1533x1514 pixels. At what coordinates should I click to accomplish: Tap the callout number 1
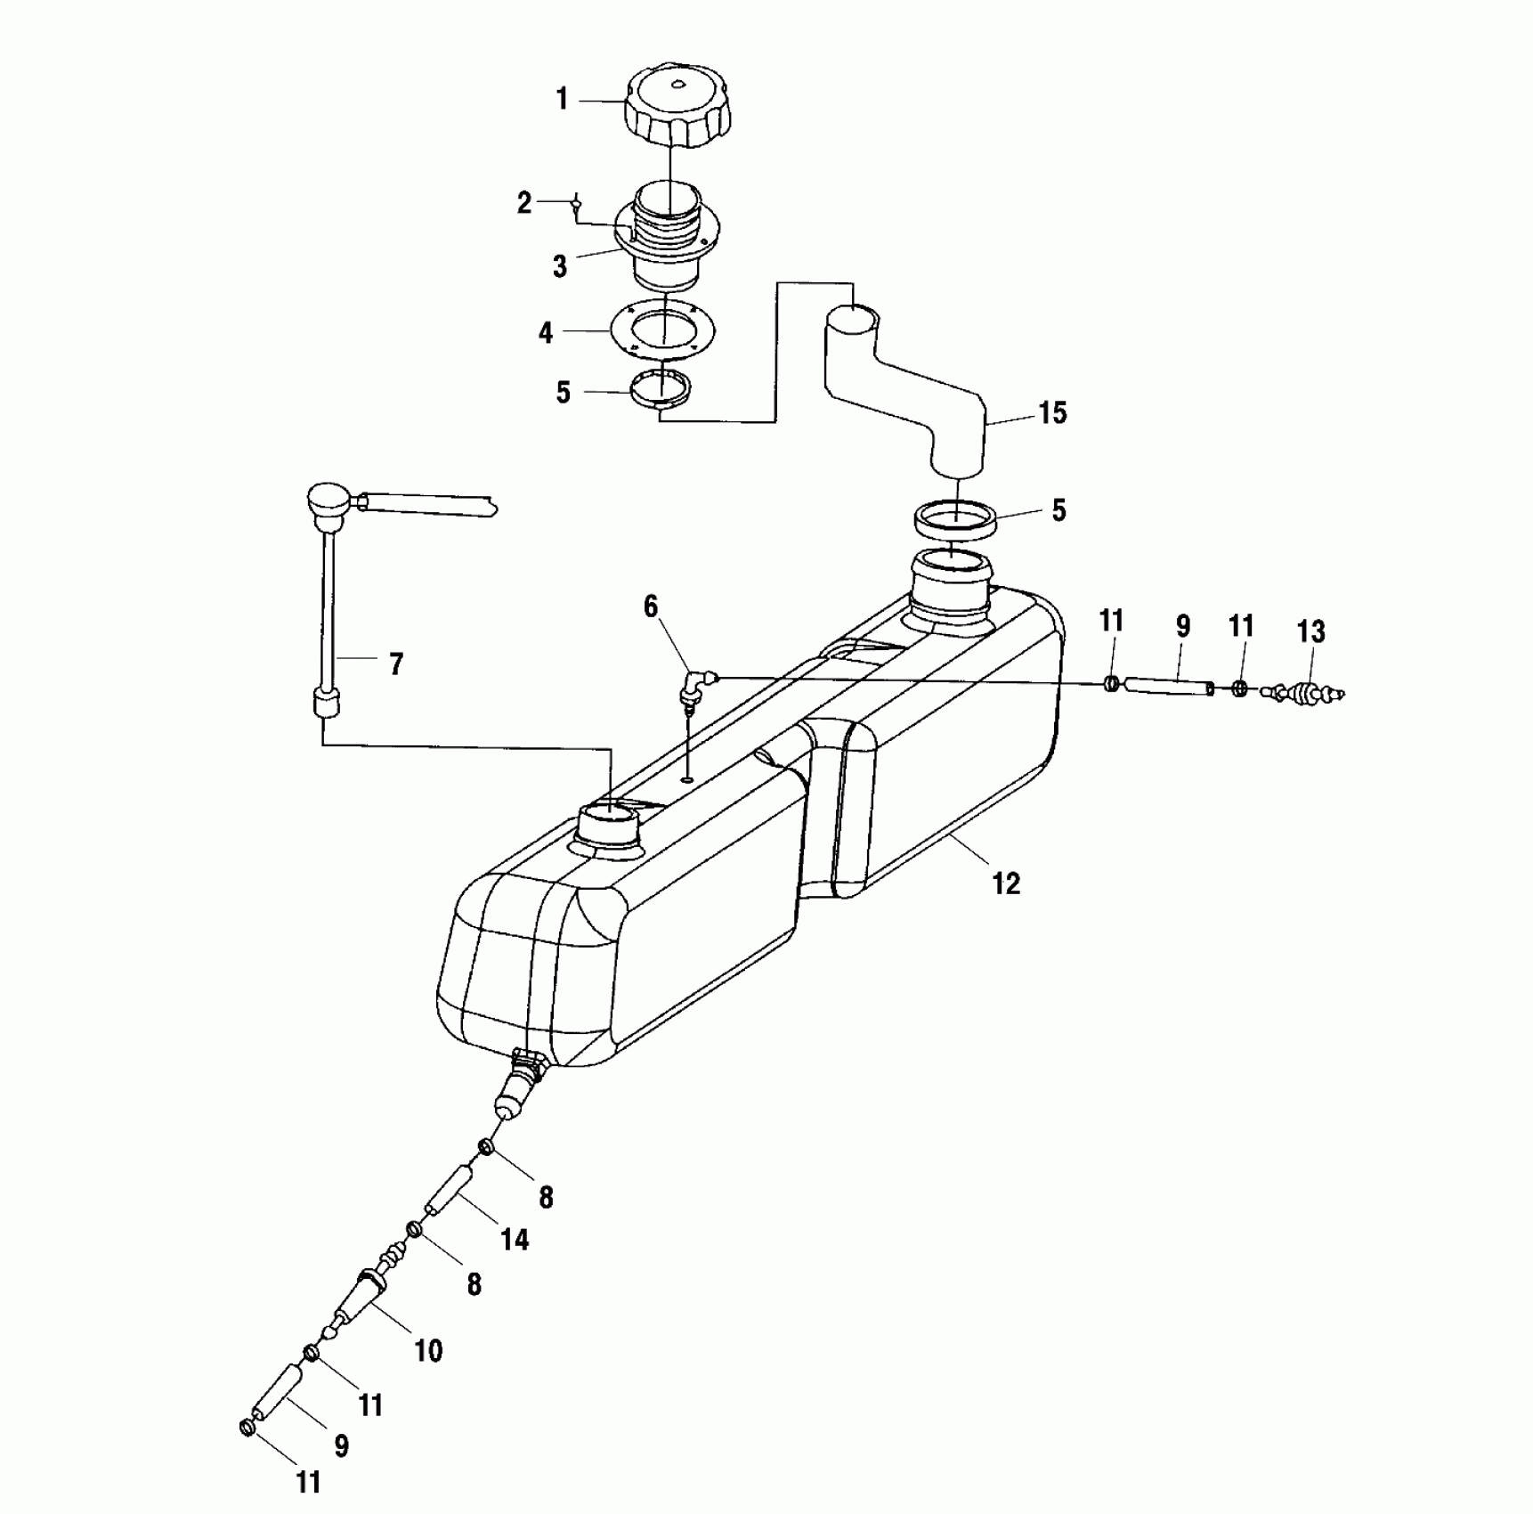pyautogui.click(x=562, y=100)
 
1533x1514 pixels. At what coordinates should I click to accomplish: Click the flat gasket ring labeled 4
pyautogui.click(x=664, y=330)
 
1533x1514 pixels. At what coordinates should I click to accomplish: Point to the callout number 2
pyautogui.click(x=524, y=203)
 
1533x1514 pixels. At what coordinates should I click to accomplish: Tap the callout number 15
pyautogui.click(x=1052, y=413)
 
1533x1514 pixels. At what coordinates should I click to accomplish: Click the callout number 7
pyautogui.click(x=396, y=663)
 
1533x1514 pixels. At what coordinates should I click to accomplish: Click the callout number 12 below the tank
pyautogui.click(x=1006, y=883)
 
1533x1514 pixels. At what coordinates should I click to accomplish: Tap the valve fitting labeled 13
pyautogui.click(x=1305, y=690)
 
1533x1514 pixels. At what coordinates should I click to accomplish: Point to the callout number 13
pyautogui.click(x=1311, y=631)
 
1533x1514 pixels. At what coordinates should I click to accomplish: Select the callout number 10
pyautogui.click(x=428, y=1351)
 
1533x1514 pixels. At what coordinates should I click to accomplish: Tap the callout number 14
pyautogui.click(x=515, y=1239)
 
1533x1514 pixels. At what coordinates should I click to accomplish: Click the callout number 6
pyautogui.click(x=651, y=606)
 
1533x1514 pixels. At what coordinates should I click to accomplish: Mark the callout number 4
pyautogui.click(x=546, y=333)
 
